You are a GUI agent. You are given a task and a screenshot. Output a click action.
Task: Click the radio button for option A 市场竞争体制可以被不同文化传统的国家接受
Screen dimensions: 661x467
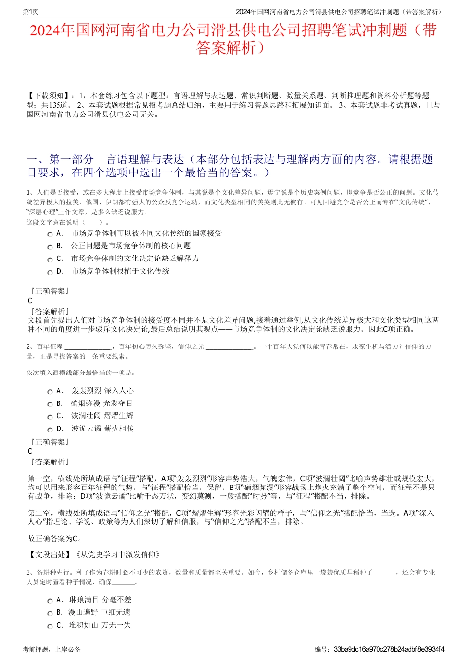coord(50,234)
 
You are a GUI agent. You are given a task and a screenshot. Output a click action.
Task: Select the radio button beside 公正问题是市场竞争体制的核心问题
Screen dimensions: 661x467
coord(50,247)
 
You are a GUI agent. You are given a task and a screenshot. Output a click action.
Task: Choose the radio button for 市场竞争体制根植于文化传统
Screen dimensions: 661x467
coord(50,272)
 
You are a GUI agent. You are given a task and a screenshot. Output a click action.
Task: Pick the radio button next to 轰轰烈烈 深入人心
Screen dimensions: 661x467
coord(50,392)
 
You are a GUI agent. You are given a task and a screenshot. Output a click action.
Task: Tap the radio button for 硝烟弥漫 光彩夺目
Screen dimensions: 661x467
coord(50,404)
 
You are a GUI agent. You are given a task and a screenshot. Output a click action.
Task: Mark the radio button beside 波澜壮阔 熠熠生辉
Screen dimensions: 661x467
coord(50,417)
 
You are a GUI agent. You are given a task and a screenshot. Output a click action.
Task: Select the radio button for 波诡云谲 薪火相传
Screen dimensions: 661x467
coord(50,430)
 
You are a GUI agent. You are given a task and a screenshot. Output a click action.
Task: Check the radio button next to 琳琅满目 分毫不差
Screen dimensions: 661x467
coord(50,601)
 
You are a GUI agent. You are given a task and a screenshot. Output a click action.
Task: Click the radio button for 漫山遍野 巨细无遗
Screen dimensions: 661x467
coord(50,613)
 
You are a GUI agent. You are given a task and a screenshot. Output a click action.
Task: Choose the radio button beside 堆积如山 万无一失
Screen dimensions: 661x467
coord(50,626)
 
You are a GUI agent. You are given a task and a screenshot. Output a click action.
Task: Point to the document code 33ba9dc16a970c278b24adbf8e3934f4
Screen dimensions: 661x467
coord(389,649)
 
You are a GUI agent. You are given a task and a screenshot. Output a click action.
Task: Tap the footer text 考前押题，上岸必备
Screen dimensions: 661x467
coord(52,649)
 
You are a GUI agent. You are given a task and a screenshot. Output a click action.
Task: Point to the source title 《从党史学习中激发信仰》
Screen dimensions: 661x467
coord(117,555)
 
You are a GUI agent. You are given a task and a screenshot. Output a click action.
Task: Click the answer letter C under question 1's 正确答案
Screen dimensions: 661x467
coord(30,301)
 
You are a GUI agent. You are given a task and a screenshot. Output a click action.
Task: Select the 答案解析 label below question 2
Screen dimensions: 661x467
coord(50,461)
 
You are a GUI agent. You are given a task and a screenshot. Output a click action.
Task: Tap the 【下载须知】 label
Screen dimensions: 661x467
coord(49,96)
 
